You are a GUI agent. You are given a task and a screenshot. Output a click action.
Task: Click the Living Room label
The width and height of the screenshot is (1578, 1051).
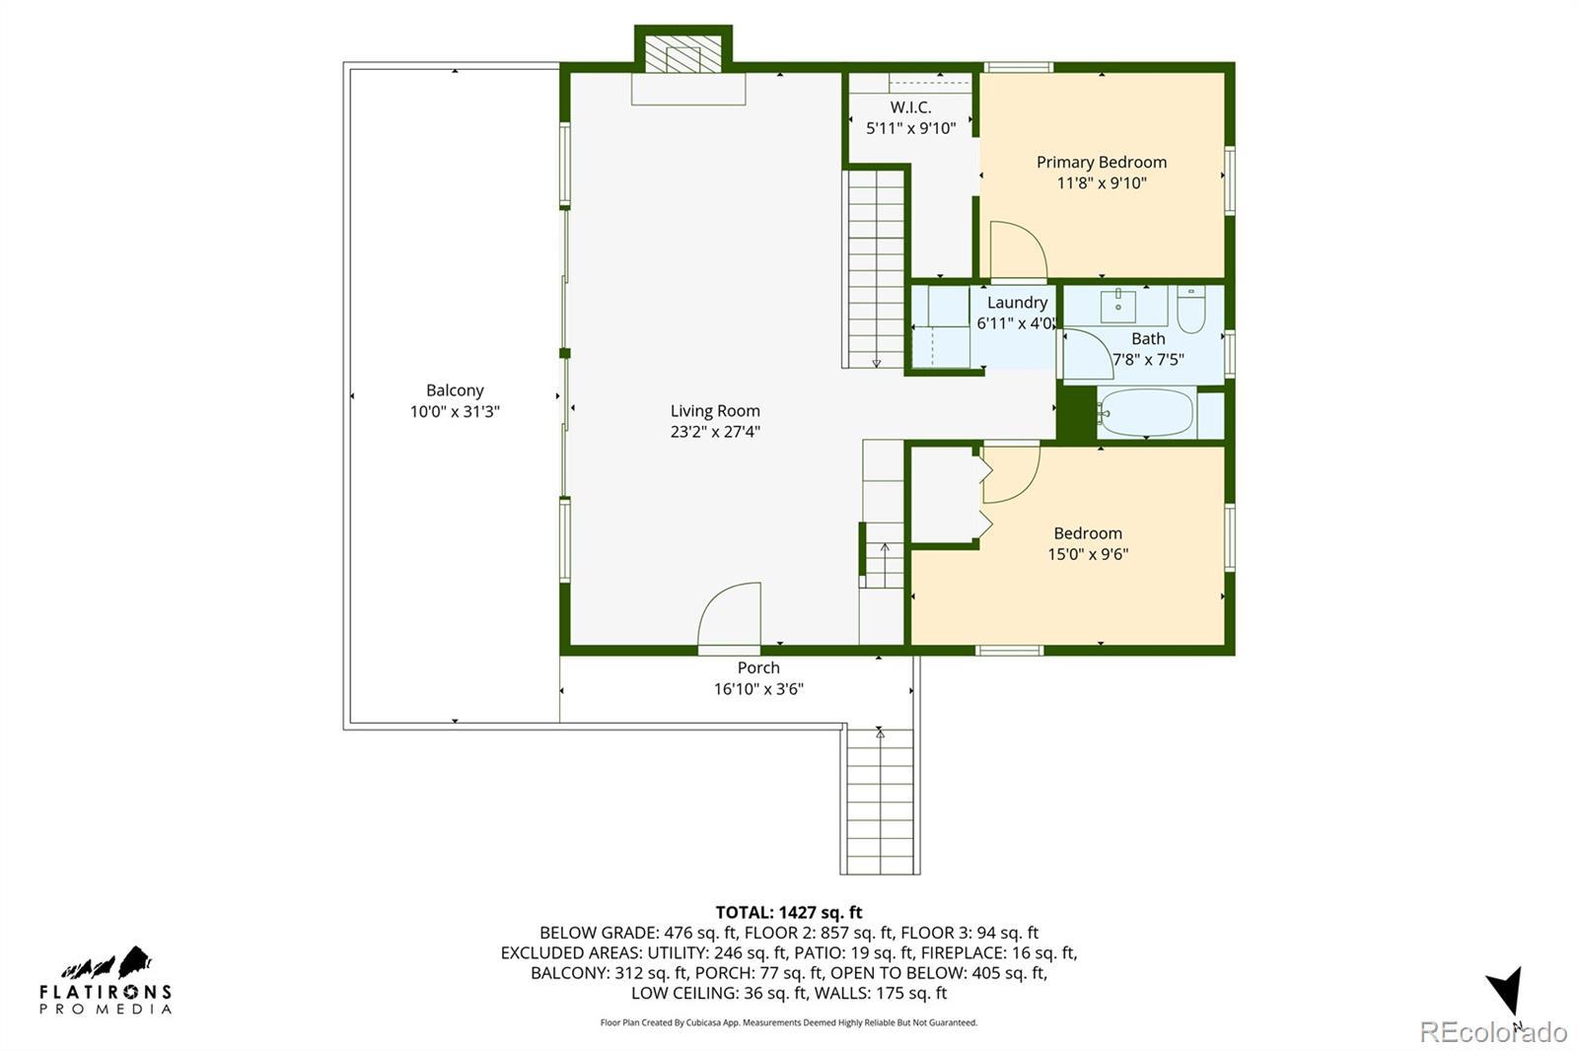click(x=715, y=411)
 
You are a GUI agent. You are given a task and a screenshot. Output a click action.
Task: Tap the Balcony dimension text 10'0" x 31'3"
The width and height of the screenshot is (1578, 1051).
click(x=455, y=411)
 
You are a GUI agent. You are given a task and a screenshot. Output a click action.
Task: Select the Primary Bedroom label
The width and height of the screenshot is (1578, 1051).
click(x=1102, y=162)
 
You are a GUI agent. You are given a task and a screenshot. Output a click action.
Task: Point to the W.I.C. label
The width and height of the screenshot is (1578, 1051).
click(x=910, y=107)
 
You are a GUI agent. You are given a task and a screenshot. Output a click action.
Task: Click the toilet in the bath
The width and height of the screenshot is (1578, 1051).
click(x=1191, y=310)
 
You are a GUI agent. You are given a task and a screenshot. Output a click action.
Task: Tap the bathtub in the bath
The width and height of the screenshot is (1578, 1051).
click(x=1146, y=413)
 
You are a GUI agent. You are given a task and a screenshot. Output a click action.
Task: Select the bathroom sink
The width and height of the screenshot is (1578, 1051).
click(x=1118, y=305)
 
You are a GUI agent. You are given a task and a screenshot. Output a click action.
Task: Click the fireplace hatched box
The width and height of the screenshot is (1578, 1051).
click(x=683, y=54)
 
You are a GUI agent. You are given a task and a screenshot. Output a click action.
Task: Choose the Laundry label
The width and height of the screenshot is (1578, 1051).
click(x=1017, y=303)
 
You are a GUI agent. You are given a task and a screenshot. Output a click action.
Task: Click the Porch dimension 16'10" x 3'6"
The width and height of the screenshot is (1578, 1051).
click(x=758, y=689)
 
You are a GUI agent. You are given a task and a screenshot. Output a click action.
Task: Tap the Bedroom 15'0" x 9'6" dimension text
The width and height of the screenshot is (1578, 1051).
click(x=1088, y=554)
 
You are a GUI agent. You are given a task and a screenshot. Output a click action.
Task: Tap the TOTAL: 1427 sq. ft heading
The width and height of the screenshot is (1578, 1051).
click(x=789, y=912)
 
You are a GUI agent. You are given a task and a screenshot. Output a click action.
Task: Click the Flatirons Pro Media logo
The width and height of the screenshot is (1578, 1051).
click(x=106, y=981)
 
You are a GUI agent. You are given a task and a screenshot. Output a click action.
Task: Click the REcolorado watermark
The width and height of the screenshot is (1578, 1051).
click(x=1493, y=1032)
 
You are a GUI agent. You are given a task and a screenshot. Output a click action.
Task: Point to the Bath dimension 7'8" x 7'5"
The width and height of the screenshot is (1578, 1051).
click(x=1148, y=360)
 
